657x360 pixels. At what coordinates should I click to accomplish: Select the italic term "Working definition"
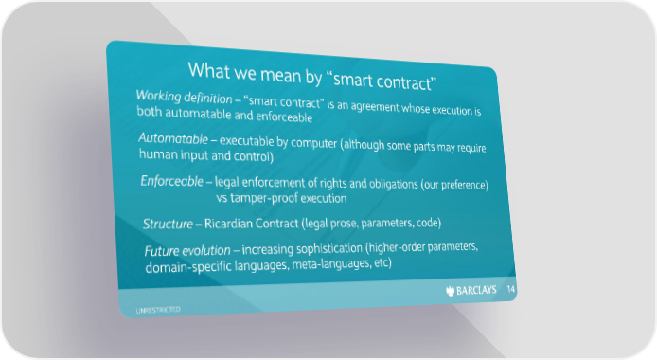click(x=184, y=97)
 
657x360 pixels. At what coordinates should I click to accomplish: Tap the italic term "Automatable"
click(x=173, y=138)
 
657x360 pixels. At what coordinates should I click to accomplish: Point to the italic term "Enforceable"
click(x=171, y=181)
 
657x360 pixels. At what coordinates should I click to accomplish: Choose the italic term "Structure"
click(x=168, y=224)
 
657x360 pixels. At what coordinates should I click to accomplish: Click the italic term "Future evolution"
click(x=187, y=251)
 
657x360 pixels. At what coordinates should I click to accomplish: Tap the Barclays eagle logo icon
click(x=450, y=291)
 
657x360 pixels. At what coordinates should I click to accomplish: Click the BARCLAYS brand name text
click(x=476, y=290)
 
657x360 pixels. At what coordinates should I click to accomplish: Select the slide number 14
click(x=511, y=289)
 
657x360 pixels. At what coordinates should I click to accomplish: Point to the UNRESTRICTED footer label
click(x=158, y=310)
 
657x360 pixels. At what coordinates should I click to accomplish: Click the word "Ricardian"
click(x=228, y=224)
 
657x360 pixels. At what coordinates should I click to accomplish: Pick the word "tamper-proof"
click(x=257, y=198)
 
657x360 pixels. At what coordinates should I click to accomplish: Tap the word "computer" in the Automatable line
click(x=313, y=143)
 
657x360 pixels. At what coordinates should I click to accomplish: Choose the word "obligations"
click(x=393, y=184)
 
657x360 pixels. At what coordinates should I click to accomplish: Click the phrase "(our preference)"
click(x=454, y=185)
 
